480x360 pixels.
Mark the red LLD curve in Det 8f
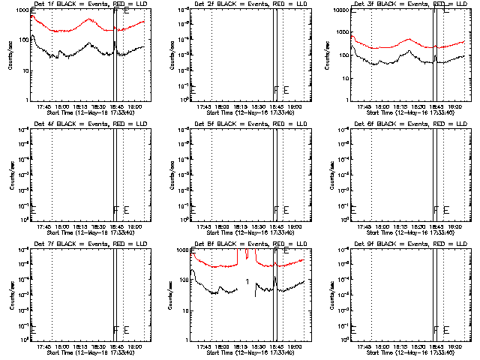217,265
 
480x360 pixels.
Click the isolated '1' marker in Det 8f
247,281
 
